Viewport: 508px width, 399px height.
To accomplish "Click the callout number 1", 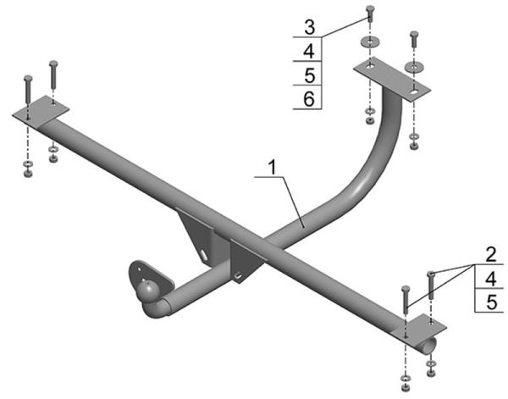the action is [273, 168].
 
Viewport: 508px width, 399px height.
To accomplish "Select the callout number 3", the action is [310, 27].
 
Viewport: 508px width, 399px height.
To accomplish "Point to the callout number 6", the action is [309, 99].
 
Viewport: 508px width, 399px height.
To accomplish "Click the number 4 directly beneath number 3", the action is [309, 52].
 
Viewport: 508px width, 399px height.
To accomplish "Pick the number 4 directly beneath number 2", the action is [491, 279].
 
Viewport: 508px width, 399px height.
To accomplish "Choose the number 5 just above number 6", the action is [310, 75].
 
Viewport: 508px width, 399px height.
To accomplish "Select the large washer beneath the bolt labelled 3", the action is [370, 42].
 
